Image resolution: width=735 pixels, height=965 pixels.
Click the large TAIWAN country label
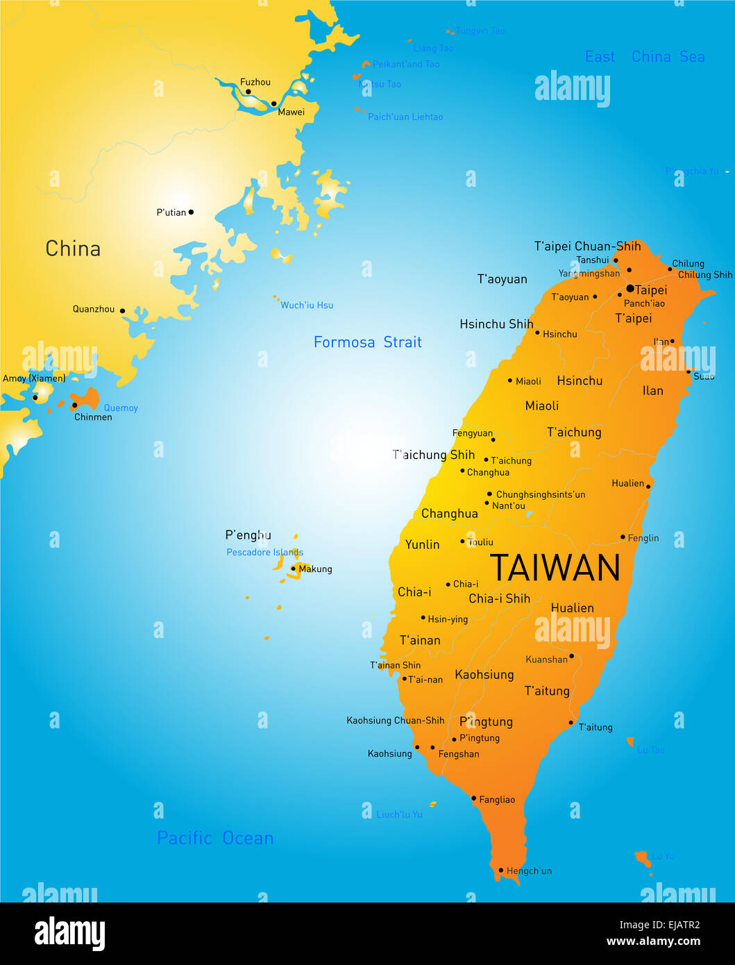click(x=555, y=568)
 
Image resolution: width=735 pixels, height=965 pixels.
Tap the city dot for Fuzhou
click(x=248, y=92)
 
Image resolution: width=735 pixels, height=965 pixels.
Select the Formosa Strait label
click(x=367, y=342)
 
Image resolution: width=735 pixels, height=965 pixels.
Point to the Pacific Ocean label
click(x=215, y=838)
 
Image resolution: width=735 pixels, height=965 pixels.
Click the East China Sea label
click(x=645, y=57)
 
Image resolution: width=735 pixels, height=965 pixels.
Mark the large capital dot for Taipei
click(x=630, y=288)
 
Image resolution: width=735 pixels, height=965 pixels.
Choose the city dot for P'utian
click(x=191, y=212)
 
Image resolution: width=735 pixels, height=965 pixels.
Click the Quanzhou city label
click(x=94, y=309)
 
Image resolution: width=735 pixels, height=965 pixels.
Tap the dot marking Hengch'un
click(x=500, y=870)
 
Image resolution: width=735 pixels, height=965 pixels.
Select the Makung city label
click(x=315, y=569)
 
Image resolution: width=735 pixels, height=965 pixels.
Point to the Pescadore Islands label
click(x=264, y=553)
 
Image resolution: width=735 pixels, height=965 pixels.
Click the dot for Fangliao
click(x=473, y=798)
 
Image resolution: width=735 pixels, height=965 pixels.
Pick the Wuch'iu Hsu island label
click(x=307, y=305)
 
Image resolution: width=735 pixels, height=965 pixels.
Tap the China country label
click(x=73, y=249)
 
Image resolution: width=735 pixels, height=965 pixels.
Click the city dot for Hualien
click(x=648, y=486)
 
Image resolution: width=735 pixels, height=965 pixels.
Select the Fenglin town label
click(x=643, y=538)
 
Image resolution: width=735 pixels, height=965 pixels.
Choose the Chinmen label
click(x=93, y=417)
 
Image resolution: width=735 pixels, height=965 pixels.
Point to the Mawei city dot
click(x=273, y=103)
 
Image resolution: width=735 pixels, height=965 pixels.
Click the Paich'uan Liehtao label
click(x=405, y=117)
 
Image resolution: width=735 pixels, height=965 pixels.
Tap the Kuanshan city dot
click(x=571, y=655)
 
